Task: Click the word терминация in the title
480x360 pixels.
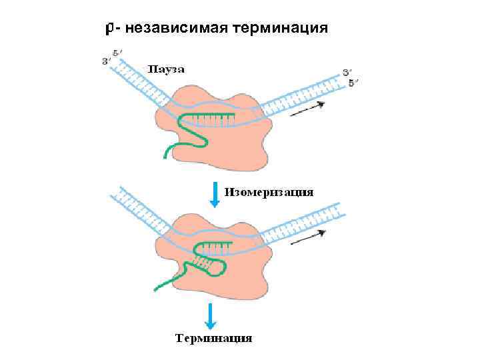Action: tap(279, 28)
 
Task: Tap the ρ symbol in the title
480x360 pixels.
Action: tap(111, 28)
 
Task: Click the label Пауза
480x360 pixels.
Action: tap(166, 69)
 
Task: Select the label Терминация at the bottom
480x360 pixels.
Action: tap(213, 338)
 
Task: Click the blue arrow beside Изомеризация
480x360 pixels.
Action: tap(214, 194)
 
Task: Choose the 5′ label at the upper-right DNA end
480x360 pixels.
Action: tap(354, 82)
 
